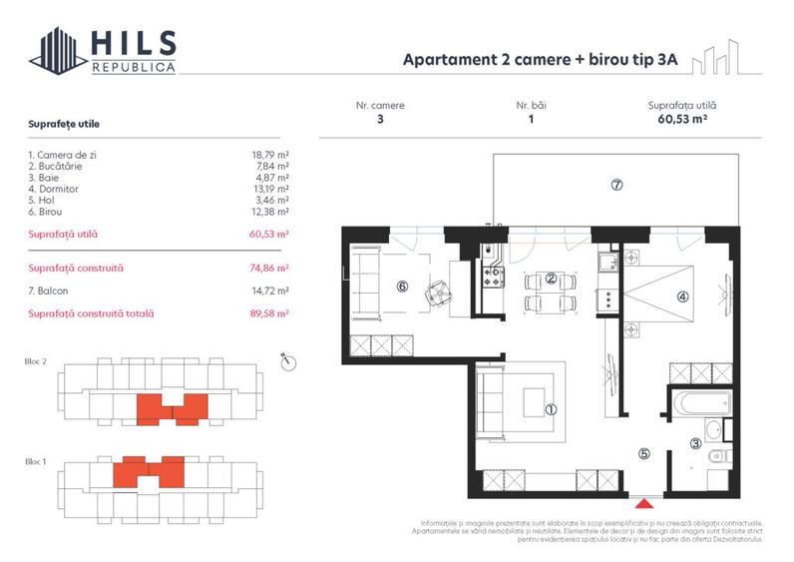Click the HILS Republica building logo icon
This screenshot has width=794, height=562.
click(x=58, y=51)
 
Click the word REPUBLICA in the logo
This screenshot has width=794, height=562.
click(x=134, y=67)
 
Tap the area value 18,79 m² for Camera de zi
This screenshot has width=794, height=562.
click(x=270, y=155)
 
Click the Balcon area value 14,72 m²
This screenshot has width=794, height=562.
click(x=270, y=290)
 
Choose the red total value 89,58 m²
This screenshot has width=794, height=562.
click(x=270, y=313)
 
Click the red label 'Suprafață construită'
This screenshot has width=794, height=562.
click(x=76, y=269)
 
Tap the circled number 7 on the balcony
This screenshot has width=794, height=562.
click(x=617, y=185)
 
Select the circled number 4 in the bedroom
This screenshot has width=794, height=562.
click(x=682, y=295)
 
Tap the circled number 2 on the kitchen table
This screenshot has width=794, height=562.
click(x=550, y=279)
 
